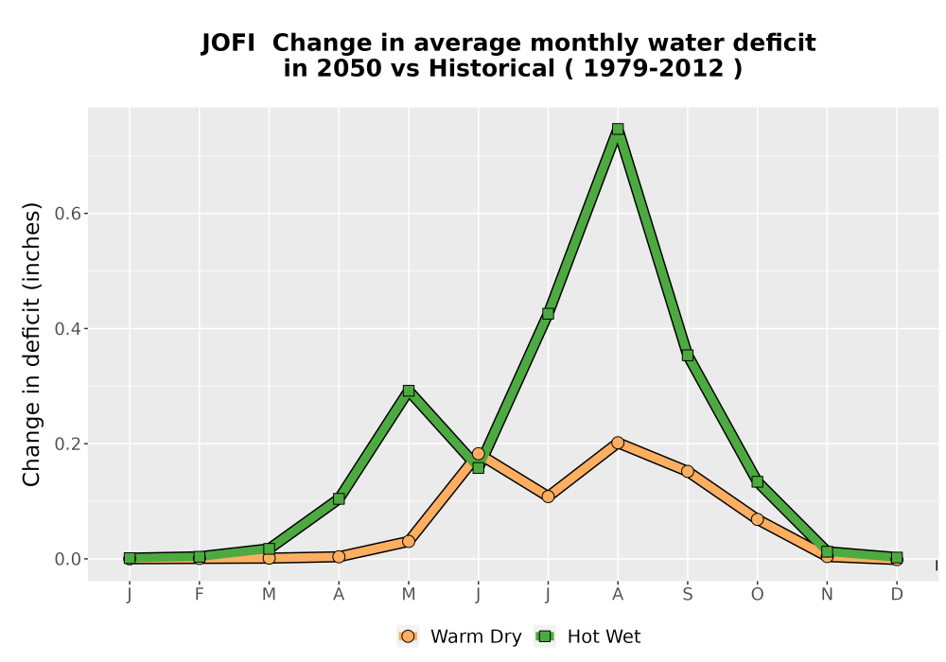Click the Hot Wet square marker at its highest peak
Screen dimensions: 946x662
(x=617, y=129)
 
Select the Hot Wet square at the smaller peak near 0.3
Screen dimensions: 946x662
(x=409, y=391)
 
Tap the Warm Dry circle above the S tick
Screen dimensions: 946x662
(x=687, y=471)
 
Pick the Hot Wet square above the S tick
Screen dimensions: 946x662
(x=687, y=356)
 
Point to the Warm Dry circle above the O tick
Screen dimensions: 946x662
(x=757, y=519)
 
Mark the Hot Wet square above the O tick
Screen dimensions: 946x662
(x=757, y=481)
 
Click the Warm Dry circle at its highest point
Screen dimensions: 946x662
(x=617, y=443)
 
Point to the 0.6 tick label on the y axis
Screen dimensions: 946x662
(x=67, y=214)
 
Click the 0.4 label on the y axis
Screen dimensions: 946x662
(x=67, y=328)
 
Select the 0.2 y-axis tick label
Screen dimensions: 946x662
(x=67, y=444)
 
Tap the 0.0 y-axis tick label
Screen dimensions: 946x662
(x=67, y=559)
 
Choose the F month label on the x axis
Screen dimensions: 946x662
(x=199, y=595)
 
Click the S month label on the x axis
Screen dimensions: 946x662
(x=687, y=595)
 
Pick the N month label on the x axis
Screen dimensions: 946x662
(x=827, y=595)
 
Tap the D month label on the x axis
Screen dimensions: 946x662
(x=897, y=595)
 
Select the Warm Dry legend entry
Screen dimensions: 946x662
(x=459, y=636)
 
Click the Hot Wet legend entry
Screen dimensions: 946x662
(x=587, y=636)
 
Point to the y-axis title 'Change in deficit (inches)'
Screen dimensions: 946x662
(x=31, y=344)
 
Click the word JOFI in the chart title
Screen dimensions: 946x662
(x=227, y=44)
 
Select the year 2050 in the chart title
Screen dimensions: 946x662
(x=349, y=69)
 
